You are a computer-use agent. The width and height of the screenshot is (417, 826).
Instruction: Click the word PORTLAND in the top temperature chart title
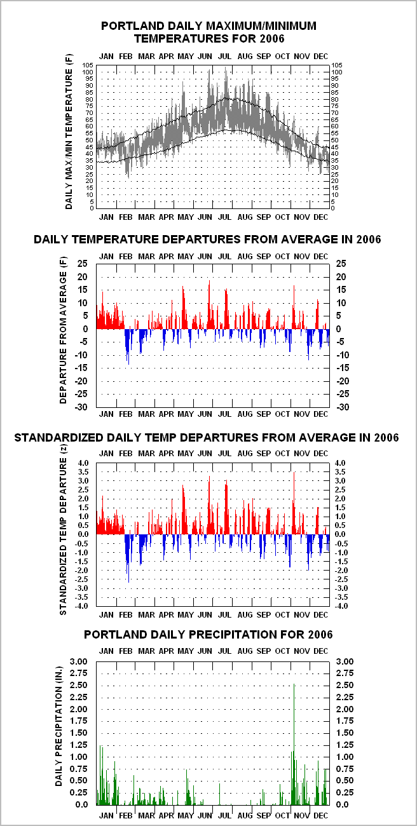(x=133, y=26)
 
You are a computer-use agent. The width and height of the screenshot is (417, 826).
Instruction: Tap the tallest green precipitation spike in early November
(x=294, y=744)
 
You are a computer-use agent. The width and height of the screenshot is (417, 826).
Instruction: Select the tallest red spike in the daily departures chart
(x=209, y=304)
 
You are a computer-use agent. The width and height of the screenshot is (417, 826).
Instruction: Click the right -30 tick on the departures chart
(x=343, y=407)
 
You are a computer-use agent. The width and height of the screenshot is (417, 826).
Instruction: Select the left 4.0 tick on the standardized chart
(x=83, y=463)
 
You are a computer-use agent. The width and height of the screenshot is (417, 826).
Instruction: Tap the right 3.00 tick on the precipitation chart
(x=345, y=661)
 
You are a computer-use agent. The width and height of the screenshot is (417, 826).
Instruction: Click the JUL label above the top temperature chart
(x=225, y=57)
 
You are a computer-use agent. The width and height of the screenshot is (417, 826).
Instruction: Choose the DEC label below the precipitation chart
(x=320, y=815)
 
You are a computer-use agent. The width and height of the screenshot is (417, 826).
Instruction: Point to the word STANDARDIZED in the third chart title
(x=59, y=438)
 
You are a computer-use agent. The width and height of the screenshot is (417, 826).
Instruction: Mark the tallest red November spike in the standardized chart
(x=294, y=503)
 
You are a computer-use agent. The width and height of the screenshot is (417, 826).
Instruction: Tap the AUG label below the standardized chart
(x=245, y=614)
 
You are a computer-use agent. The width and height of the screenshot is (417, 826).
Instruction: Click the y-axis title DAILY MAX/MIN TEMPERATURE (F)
(x=69, y=132)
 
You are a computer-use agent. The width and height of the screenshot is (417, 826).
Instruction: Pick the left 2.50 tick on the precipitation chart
(x=79, y=685)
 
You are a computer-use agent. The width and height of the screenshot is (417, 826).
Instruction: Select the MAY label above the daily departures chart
(x=186, y=256)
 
